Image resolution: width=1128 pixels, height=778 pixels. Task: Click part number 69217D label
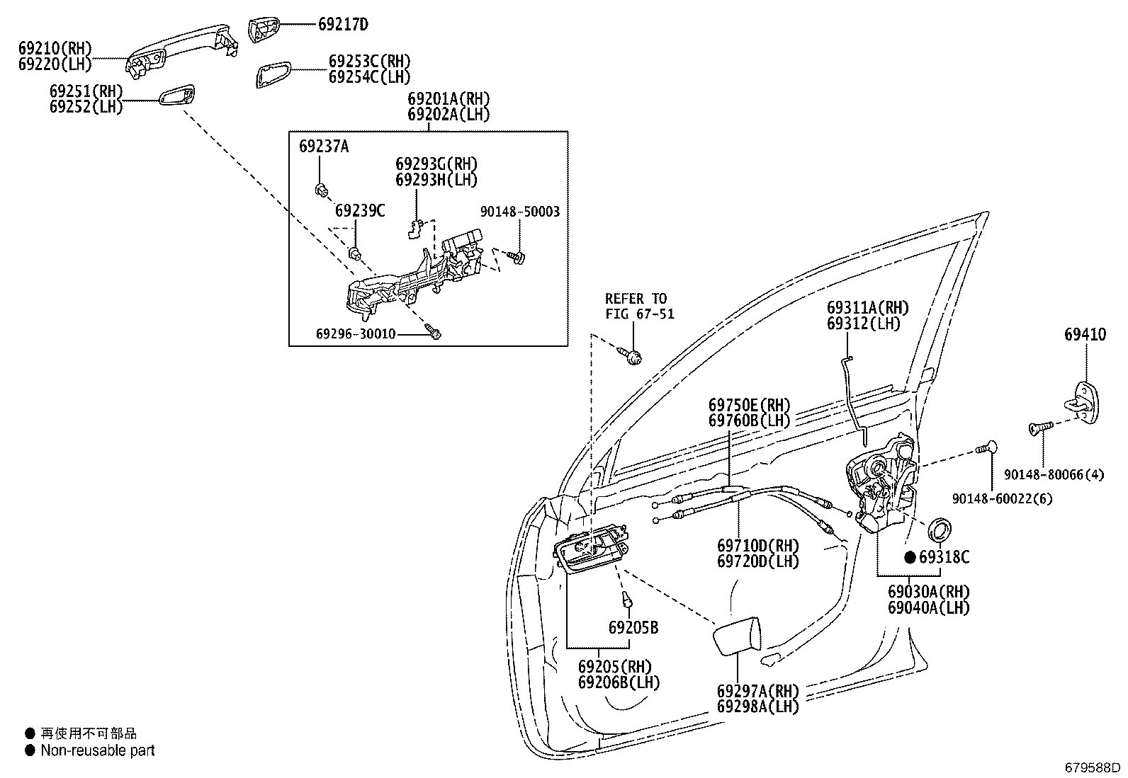click(342, 25)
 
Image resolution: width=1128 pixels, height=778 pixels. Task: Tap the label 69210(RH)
click(55, 49)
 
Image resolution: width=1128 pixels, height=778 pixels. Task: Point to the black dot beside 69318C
click(910, 558)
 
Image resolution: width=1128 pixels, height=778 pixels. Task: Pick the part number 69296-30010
click(356, 333)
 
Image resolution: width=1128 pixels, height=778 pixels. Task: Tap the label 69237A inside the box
click(323, 147)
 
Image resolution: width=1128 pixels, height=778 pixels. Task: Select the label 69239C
click(360, 210)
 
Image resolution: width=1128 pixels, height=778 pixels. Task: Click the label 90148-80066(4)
click(1054, 475)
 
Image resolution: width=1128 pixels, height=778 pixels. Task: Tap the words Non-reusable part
click(97, 750)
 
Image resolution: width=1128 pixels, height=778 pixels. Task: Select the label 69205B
click(633, 627)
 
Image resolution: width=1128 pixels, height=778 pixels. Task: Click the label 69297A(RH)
click(757, 690)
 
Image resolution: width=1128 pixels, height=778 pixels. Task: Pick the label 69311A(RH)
click(867, 308)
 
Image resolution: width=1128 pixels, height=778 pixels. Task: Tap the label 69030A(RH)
click(928, 591)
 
